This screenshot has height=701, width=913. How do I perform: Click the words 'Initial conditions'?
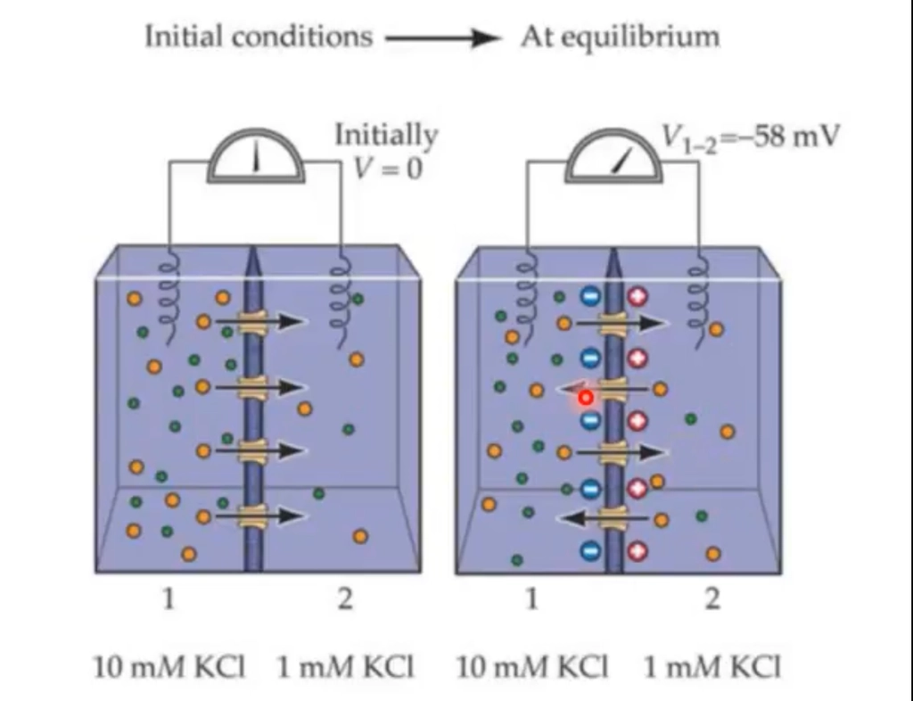coord(259,36)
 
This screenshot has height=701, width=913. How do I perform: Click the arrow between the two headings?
coord(442,38)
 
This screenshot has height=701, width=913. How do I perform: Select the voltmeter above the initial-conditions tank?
coord(256,156)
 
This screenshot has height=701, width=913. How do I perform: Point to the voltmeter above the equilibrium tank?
coord(613,156)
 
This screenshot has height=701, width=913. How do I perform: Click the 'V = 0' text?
coord(388,169)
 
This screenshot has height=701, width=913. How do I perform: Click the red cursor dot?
coord(586,398)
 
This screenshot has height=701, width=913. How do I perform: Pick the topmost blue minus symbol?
coord(590,296)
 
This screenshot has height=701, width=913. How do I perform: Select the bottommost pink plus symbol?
coord(637,551)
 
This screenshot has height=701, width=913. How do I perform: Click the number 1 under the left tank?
coord(169,598)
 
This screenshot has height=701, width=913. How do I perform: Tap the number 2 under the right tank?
coord(712,598)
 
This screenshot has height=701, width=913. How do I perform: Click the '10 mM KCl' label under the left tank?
coord(169,666)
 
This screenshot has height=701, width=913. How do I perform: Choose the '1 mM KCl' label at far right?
coord(712,666)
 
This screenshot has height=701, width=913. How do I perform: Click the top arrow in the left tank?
coord(260,321)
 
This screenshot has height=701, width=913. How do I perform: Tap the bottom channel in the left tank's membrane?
coord(252,515)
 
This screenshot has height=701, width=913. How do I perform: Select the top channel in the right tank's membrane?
coord(613,323)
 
